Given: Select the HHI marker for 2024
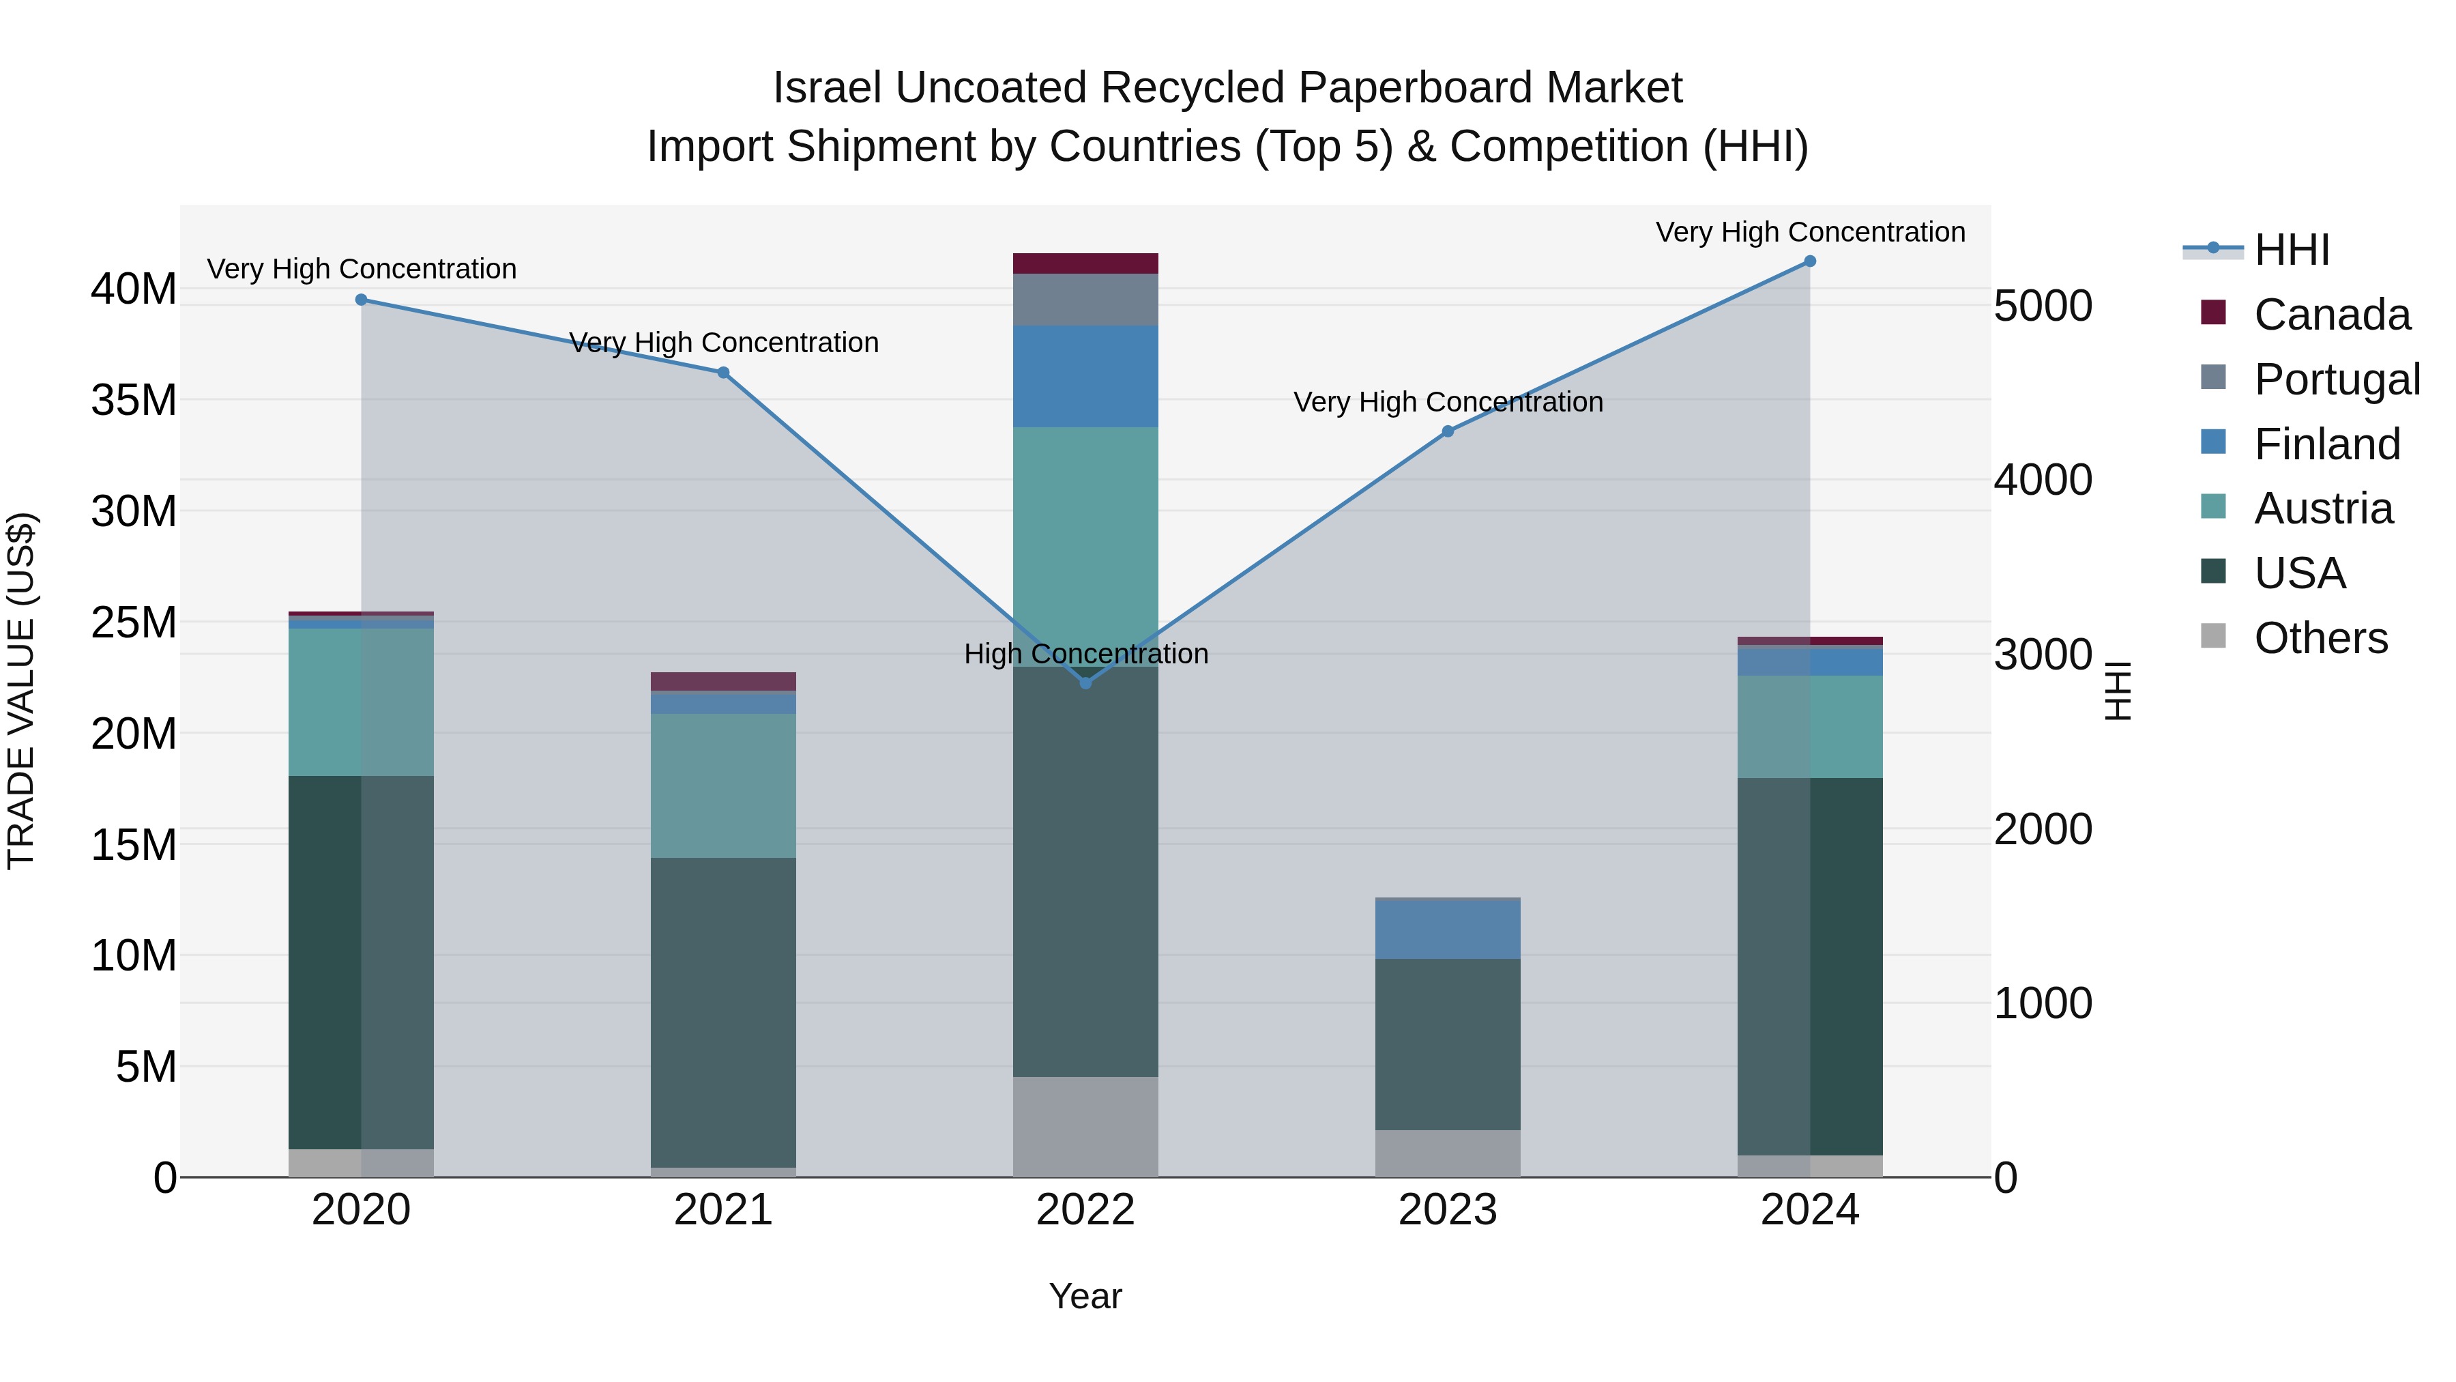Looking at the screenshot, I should (1809, 261).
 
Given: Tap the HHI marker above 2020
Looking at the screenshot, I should (362, 300).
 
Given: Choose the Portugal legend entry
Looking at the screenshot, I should (2336, 379).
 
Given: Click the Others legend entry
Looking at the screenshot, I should (2320, 638).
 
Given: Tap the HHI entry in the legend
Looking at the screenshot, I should (2291, 250).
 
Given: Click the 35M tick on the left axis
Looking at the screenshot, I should (134, 400).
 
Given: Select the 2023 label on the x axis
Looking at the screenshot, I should (1447, 1210).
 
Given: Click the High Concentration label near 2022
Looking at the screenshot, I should (1086, 654).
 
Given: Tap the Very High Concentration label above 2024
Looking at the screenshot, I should (1809, 233).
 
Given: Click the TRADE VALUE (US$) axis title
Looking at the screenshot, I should (22, 691).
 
